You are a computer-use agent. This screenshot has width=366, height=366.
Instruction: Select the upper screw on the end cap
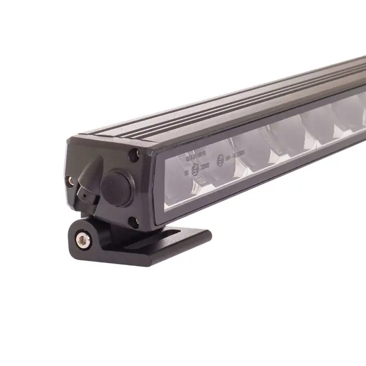(x=134, y=153)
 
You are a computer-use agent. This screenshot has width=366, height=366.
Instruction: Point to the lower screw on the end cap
(x=133, y=221)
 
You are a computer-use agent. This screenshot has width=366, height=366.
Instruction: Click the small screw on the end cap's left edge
(x=70, y=181)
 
